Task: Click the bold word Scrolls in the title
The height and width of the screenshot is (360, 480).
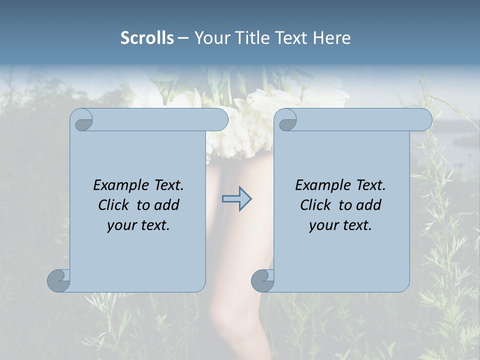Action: tap(147, 38)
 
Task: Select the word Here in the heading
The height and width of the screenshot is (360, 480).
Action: tap(331, 38)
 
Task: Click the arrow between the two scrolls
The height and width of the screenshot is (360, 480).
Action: tap(236, 199)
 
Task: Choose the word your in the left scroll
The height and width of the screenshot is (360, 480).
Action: tap(121, 225)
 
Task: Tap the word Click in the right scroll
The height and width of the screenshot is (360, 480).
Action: tap(315, 205)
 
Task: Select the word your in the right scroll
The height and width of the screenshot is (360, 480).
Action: tap(323, 225)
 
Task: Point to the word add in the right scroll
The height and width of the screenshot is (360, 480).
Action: tap(369, 205)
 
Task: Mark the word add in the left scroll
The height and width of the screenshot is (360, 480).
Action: tap(167, 205)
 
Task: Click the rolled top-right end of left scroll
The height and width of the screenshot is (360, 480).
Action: tap(220, 119)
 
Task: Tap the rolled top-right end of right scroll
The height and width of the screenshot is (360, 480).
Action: tap(424, 119)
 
